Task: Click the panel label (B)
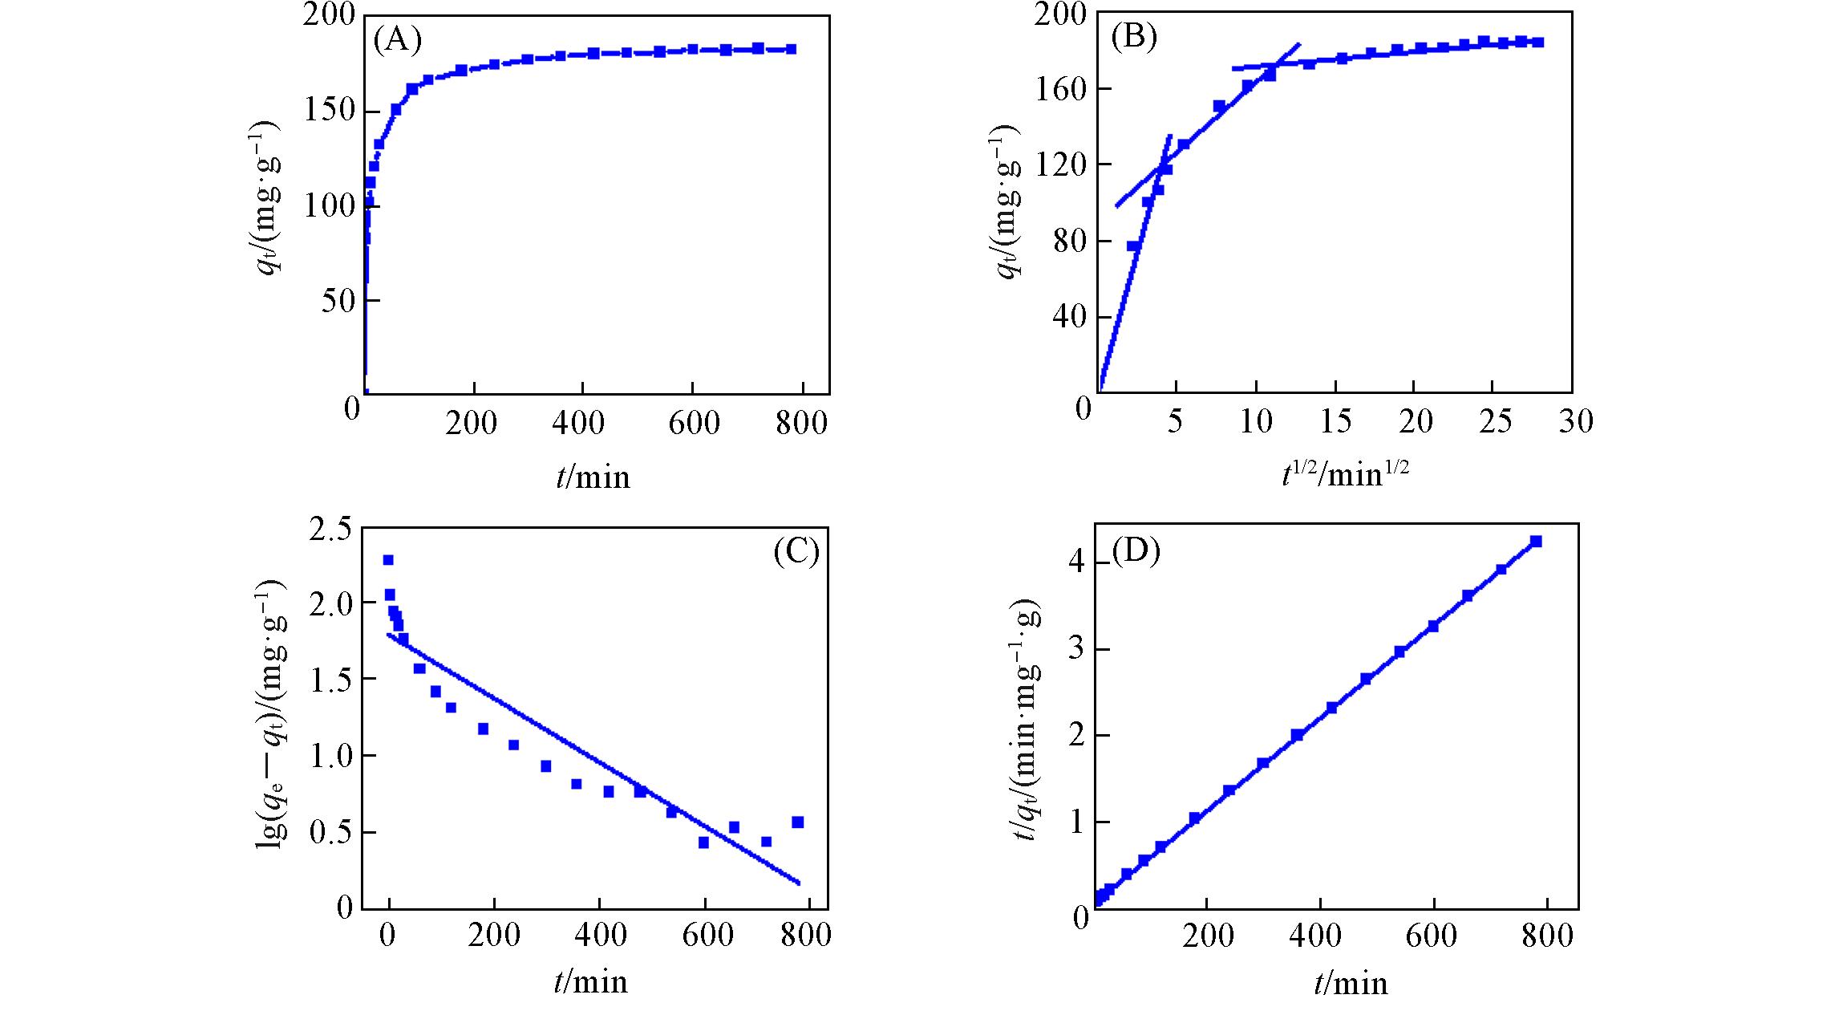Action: coord(1134,39)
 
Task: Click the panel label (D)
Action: coord(1137,552)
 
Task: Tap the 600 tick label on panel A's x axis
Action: coord(694,423)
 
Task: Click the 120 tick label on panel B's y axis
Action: coord(1055,164)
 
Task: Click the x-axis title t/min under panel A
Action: coord(593,477)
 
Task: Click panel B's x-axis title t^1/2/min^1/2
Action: coord(1345,477)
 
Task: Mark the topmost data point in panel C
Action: coord(388,560)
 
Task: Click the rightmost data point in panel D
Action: coord(1536,542)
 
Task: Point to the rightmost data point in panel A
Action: coord(791,49)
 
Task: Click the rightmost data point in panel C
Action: coord(797,822)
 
